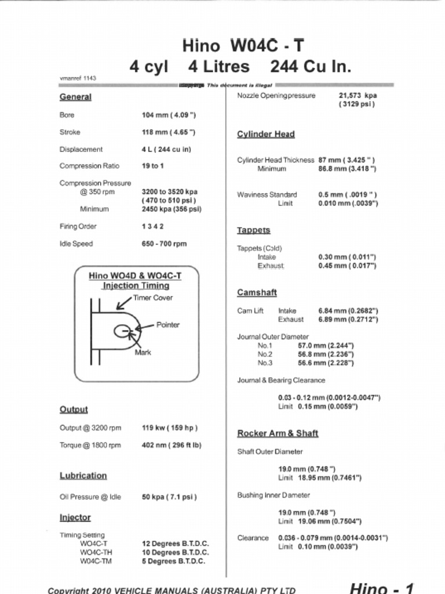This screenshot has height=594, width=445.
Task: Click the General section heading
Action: click(x=75, y=97)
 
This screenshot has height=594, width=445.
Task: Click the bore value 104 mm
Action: click(x=169, y=115)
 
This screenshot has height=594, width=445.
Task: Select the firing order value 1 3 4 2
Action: click(x=153, y=226)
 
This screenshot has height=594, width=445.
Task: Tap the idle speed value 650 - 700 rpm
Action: click(x=164, y=244)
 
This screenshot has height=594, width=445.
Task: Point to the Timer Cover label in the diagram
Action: click(x=153, y=298)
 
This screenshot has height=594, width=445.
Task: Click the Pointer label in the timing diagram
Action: click(x=168, y=325)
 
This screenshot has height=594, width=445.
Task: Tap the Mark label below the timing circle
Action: click(x=143, y=352)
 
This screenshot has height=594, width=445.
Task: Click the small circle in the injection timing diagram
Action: click(x=122, y=331)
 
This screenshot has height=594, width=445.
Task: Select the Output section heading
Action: click(x=74, y=410)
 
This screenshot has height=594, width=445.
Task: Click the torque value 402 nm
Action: click(x=172, y=445)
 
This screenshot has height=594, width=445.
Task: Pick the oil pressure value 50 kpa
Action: click(x=169, y=497)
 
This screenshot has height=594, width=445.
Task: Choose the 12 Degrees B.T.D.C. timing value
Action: click(x=176, y=544)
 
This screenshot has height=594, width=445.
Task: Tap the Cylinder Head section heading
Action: click(x=266, y=135)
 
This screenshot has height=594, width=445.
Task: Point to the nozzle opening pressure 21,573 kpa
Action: click(x=358, y=96)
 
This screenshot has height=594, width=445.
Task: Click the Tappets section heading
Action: click(x=254, y=230)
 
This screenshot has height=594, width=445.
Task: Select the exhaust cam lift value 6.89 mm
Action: click(x=348, y=320)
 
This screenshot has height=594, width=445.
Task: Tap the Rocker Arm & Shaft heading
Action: click(x=278, y=433)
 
